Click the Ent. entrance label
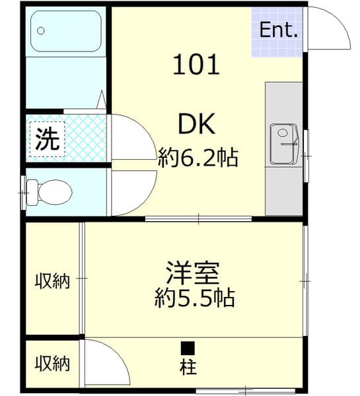[x=278, y=30]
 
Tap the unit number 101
[x=196, y=65]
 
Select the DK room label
[x=196, y=123]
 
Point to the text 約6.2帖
[x=198, y=158]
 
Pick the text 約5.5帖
[x=195, y=298]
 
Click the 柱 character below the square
[x=188, y=366]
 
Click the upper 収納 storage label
[x=52, y=280]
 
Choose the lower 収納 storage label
[x=52, y=362]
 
